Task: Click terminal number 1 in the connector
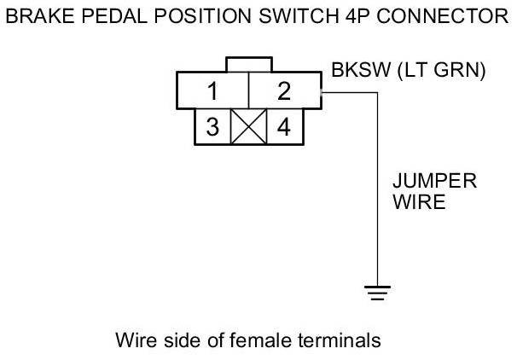click(x=213, y=90)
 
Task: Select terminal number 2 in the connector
click(x=285, y=90)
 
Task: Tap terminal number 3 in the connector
click(x=212, y=126)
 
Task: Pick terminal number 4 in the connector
click(x=284, y=126)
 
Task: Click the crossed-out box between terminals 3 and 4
click(x=248, y=126)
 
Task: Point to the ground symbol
click(x=378, y=293)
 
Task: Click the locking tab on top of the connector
click(x=249, y=64)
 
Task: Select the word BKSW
click(x=361, y=70)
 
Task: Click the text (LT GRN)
click(x=441, y=70)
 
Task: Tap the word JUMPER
click(x=435, y=181)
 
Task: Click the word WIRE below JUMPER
click(x=419, y=202)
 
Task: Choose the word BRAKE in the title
click(x=40, y=16)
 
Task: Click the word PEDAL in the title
click(x=114, y=16)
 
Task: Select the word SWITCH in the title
click(x=299, y=16)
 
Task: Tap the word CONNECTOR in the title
click(x=443, y=16)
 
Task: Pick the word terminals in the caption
click(x=340, y=340)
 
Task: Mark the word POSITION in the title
click(x=203, y=16)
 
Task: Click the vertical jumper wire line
click(x=378, y=189)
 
